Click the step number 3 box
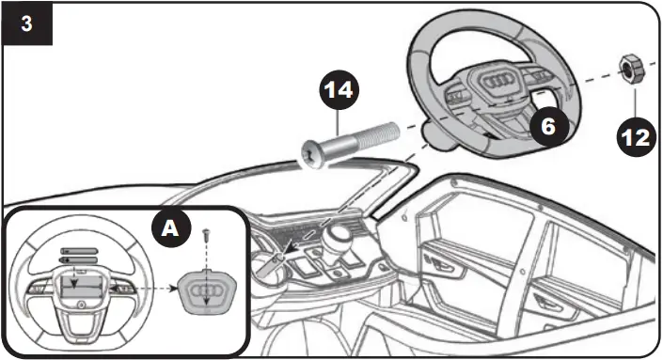coord(25,23)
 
